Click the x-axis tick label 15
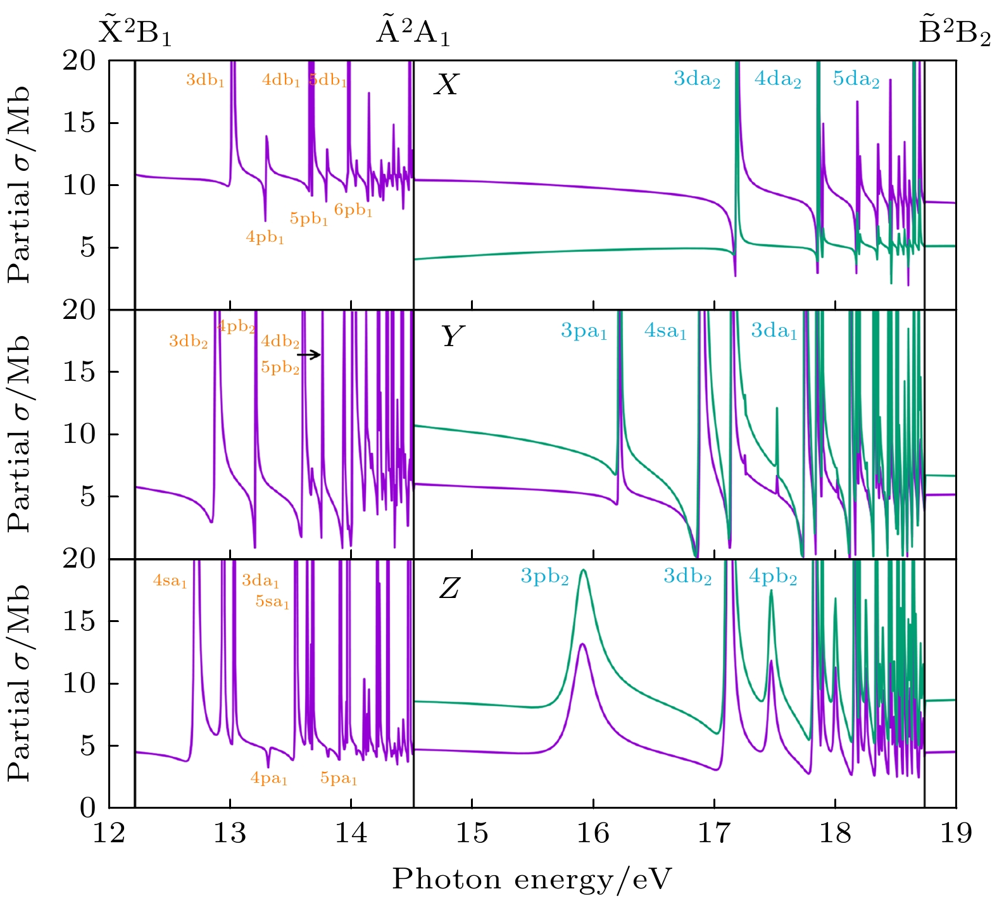[x=472, y=833]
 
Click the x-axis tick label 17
[x=714, y=833]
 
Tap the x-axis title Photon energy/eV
[x=531, y=879]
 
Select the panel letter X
[x=446, y=84]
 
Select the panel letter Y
[x=452, y=337]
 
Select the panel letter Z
[x=449, y=589]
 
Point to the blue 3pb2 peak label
[x=544, y=577]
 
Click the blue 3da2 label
[x=696, y=80]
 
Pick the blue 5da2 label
[x=856, y=80]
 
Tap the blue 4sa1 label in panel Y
[x=665, y=331]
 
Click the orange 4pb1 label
[x=265, y=238]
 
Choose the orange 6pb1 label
[x=353, y=211]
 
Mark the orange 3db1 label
[x=205, y=80]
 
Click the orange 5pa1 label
[x=339, y=779]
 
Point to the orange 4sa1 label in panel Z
[x=170, y=581]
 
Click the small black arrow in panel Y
[x=309, y=355]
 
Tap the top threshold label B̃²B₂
[x=954, y=32]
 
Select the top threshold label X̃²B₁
[x=135, y=32]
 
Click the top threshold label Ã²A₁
[x=413, y=32]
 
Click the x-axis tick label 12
[x=110, y=833]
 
